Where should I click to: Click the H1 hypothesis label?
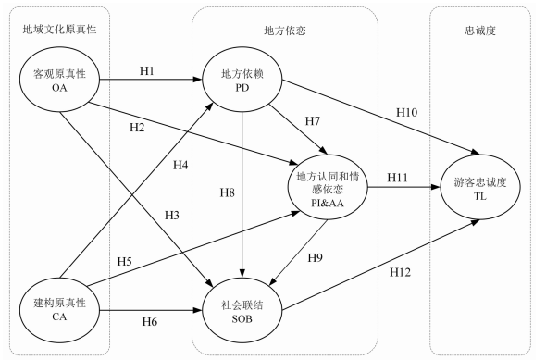146,71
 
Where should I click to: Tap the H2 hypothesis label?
137,128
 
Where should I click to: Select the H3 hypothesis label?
172,216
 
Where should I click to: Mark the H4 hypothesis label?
180,165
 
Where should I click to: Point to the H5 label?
124,261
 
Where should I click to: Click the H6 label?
149,322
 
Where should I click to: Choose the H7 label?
313,121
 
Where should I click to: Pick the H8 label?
227,192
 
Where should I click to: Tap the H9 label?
316,257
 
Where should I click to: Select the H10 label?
406,113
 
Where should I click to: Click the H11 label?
397,178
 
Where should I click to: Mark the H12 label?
400,272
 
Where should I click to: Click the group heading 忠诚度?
480,31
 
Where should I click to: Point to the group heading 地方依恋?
285,31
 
